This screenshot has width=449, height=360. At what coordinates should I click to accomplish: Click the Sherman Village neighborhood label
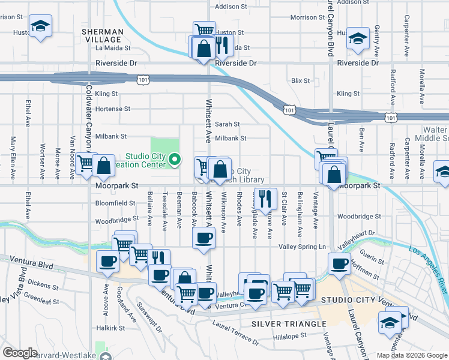pyautogui.click(x=103, y=35)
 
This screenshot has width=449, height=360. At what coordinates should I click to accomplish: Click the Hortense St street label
pyautogui.click(x=113, y=109)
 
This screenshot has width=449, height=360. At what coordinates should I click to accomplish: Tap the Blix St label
pyautogui.click(x=300, y=80)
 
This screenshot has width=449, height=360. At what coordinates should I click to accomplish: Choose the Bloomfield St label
pyautogui.click(x=115, y=203)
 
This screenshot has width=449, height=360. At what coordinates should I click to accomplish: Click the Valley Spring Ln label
pyautogui.click(x=302, y=247)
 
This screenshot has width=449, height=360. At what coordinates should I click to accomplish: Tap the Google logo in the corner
pyautogui.click(x=20, y=352)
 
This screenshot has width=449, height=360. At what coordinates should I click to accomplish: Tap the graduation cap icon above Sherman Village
pyautogui.click(x=40, y=26)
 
